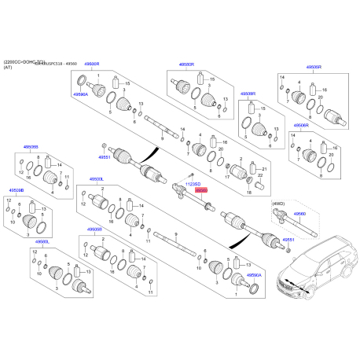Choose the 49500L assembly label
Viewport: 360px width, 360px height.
(x=97, y=179)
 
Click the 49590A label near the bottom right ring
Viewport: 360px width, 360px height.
(x=255, y=277)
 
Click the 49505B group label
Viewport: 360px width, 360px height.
(x=93, y=230)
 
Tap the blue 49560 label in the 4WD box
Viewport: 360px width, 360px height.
(x=299, y=213)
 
